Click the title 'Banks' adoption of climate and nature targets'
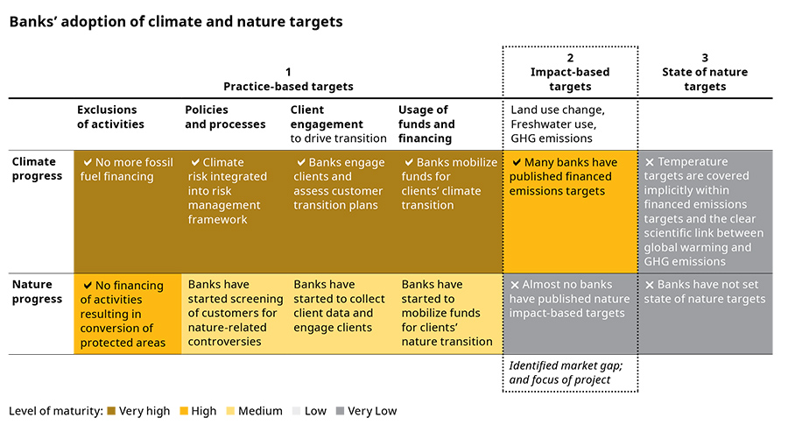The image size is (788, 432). point(176,21)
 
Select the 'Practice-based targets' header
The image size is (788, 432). point(288,79)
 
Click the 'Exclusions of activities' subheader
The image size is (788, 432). point(110,117)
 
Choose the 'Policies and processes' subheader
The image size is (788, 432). point(225,117)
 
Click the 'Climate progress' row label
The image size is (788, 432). point(38,168)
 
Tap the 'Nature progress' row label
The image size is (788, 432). point(38,292)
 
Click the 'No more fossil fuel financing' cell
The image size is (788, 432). point(128,170)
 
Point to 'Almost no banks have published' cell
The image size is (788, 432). point(569,300)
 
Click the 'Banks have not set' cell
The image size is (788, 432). point(706,292)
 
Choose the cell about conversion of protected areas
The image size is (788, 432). point(127,314)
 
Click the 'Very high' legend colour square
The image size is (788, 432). point(111,411)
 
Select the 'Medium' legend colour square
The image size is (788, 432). point(231,411)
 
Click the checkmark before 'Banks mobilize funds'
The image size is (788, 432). point(408,163)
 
